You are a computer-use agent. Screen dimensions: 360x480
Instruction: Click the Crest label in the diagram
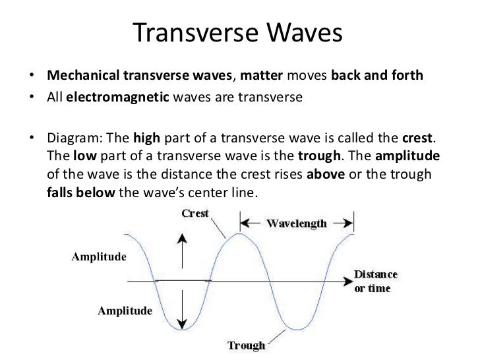click(196, 215)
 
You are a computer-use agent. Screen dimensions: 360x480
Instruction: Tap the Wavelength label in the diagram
click(296, 224)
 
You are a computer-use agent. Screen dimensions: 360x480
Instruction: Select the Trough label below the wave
click(247, 345)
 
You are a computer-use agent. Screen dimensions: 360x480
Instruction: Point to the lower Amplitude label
click(125, 309)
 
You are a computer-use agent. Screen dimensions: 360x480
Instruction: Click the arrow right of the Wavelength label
click(343, 224)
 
